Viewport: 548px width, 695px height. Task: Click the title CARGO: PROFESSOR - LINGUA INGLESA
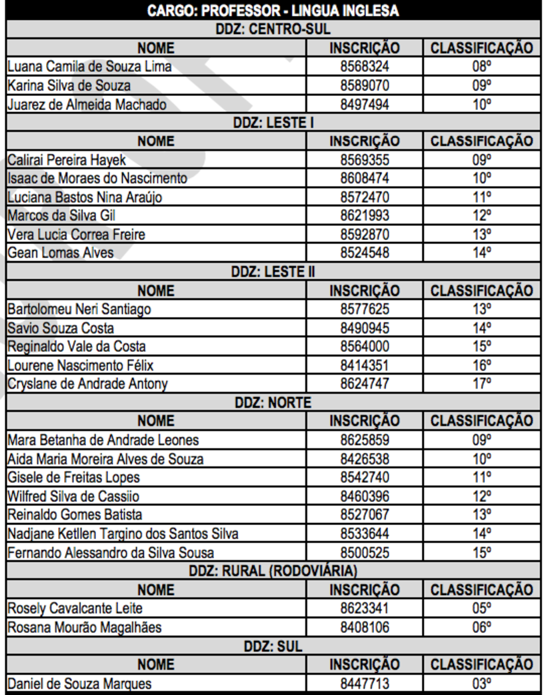click(273, 11)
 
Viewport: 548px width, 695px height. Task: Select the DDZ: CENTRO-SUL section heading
click(273, 29)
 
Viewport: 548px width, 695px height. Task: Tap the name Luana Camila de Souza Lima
click(90, 67)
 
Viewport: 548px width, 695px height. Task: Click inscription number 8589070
click(365, 85)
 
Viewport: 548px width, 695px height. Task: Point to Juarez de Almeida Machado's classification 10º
click(481, 104)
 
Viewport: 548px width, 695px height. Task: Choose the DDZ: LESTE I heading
click(273, 123)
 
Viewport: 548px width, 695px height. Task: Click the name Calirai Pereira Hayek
click(67, 160)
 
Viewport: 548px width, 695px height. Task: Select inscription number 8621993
click(365, 216)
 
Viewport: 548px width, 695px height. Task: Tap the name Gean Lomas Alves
click(61, 253)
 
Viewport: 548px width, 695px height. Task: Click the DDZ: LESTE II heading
click(273, 272)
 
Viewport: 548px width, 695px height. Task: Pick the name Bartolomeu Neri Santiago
click(79, 309)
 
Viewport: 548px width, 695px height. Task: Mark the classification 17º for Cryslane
click(481, 384)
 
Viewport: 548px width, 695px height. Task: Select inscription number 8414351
click(365, 365)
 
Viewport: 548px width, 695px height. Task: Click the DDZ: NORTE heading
click(273, 402)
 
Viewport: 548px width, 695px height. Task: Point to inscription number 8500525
click(365, 552)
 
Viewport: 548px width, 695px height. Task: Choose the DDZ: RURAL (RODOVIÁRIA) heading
click(273, 571)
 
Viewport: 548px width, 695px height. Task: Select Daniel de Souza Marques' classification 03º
click(481, 684)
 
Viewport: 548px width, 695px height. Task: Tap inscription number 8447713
click(365, 684)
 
